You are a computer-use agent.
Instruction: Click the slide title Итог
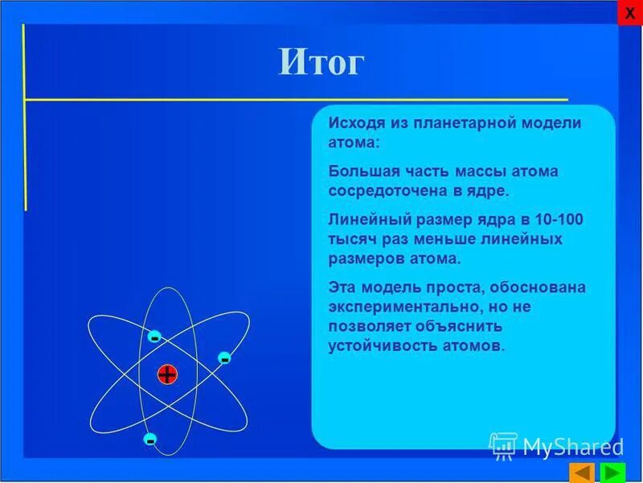(x=321, y=62)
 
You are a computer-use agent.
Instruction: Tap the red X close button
(x=629, y=13)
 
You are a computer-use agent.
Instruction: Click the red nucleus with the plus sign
(x=166, y=374)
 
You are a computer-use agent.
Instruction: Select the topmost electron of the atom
(x=154, y=337)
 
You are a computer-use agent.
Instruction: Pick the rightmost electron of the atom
(x=224, y=357)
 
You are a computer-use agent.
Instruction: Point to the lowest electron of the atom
(x=149, y=440)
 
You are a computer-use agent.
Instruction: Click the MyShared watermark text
(x=572, y=446)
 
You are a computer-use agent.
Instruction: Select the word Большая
(x=357, y=171)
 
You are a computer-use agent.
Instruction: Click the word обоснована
(x=526, y=287)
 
